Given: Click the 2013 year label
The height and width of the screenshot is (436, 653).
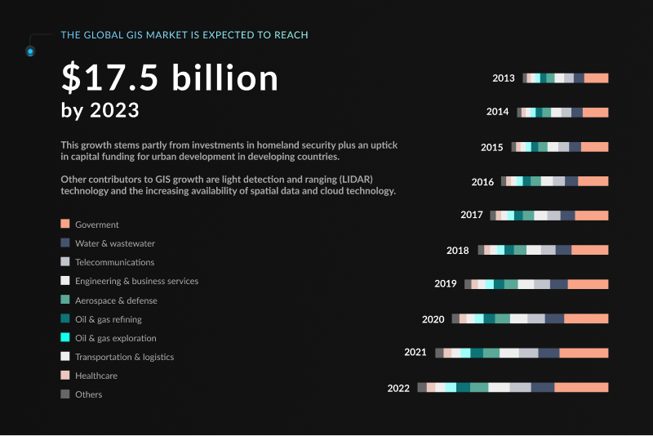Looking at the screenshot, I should (503, 78).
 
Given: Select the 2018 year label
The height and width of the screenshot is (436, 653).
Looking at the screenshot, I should (457, 251).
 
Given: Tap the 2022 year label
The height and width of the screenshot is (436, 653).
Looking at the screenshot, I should (398, 388).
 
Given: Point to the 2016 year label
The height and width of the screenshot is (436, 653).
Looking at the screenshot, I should (482, 181).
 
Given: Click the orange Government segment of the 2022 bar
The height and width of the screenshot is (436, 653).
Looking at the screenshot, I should (581, 388).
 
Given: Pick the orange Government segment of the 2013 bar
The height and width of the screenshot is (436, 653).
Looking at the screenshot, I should (596, 78).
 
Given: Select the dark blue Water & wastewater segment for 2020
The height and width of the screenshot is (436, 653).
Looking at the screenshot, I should (554, 319).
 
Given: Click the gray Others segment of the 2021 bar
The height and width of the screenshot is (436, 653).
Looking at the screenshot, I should (439, 353).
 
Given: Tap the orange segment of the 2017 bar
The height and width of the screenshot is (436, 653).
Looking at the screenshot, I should (591, 216).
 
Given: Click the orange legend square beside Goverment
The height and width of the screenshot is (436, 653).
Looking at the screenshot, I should (64, 224).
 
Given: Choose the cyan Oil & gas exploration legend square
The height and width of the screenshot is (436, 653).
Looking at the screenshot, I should (64, 337).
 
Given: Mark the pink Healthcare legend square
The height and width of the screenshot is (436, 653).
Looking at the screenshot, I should (64, 376).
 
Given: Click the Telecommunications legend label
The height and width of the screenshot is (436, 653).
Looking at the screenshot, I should (114, 262).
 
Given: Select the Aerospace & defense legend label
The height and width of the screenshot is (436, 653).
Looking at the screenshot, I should (116, 300).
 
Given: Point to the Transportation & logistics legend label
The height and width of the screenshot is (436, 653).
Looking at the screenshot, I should (124, 357).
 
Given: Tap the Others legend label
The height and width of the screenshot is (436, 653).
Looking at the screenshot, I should (89, 394).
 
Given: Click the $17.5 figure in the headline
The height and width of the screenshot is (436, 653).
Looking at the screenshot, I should (113, 78).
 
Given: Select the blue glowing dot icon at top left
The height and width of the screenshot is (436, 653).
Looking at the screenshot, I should (30, 51).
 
